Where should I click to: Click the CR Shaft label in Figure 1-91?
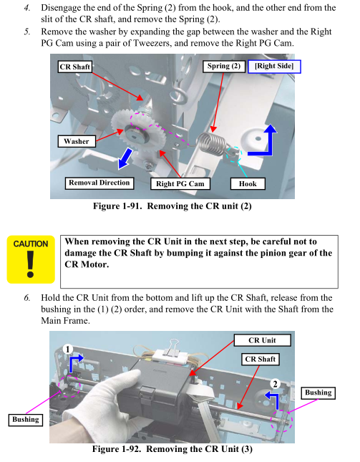pyautogui.click(x=74, y=67)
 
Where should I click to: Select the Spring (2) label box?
pyautogui.click(x=224, y=66)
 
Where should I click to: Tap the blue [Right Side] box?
pyautogui.click(x=274, y=67)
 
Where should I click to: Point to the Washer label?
pyautogui.click(x=77, y=141)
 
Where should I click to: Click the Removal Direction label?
pyautogui.click(x=99, y=183)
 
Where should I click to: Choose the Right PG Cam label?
pyautogui.click(x=180, y=184)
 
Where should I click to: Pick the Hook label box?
pyautogui.click(x=248, y=184)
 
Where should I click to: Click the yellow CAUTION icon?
pyautogui.click(x=31, y=259)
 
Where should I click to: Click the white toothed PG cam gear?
pyautogui.click(x=137, y=133)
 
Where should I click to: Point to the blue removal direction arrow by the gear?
pyautogui.click(x=125, y=159)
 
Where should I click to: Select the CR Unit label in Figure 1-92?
pyautogui.click(x=262, y=340)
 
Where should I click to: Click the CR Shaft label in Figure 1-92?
pyautogui.click(x=261, y=359)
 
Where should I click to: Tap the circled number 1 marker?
pyautogui.click(x=68, y=350)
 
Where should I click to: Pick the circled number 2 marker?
pyautogui.click(x=276, y=384)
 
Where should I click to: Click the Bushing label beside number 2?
pyautogui.click(x=318, y=393)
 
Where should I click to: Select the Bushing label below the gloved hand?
pyautogui.click(x=26, y=420)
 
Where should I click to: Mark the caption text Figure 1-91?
pyautogui.click(x=119, y=206)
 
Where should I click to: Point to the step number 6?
pyautogui.click(x=26, y=298)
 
